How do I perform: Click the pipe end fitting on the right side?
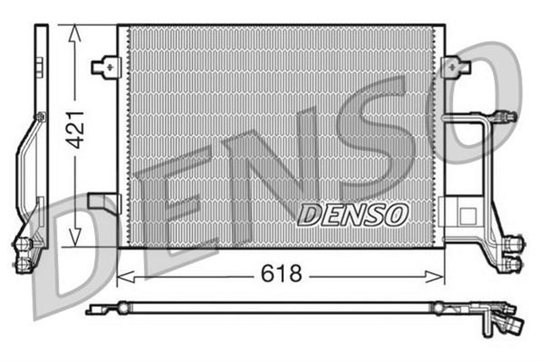coord(507,118)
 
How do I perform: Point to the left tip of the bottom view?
coord(89,313)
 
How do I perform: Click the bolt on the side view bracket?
coord(40,116)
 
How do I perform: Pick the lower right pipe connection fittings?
coord(511,254)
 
